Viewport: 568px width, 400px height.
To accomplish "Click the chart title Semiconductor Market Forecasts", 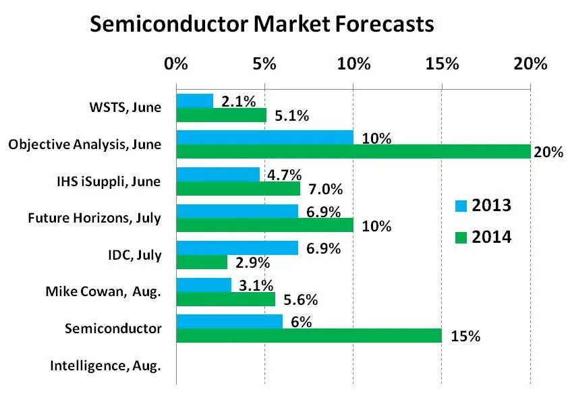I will coord(261,25).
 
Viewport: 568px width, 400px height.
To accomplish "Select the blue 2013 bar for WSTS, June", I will coord(194,101).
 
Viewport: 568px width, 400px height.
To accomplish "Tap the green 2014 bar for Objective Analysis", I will coord(353,152).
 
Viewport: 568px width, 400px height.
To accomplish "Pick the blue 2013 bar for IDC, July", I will coord(237,248).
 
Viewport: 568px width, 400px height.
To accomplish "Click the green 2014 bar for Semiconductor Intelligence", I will coord(309,335).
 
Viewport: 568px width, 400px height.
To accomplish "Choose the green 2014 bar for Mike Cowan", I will coord(225,299).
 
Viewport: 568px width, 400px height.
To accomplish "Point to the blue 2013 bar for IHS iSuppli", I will coord(218,174).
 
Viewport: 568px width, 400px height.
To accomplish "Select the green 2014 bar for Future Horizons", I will coord(264,225).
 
